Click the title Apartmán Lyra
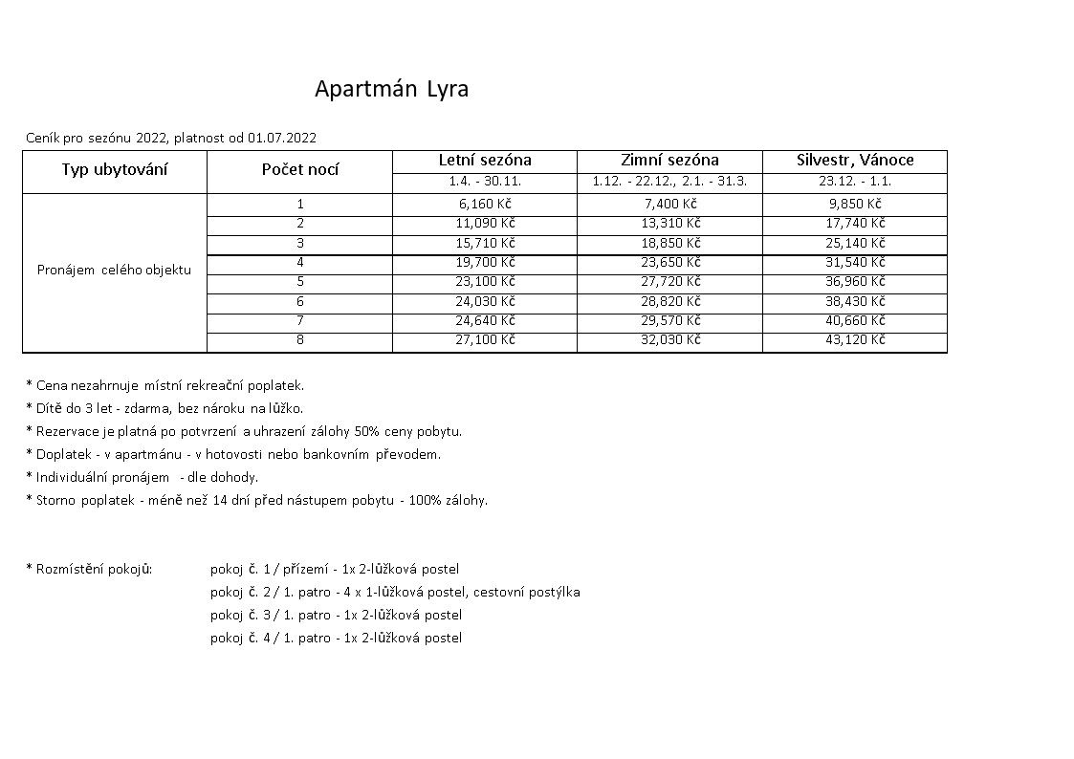[x=391, y=90]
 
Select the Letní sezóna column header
[x=485, y=161]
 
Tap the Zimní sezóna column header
[x=669, y=161]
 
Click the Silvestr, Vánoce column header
[x=855, y=161]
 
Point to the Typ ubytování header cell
[x=115, y=170]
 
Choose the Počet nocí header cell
[x=299, y=170]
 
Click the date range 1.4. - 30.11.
[x=485, y=182]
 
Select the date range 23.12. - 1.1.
[x=855, y=182]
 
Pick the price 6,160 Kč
[x=485, y=204]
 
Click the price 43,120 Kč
[x=855, y=340]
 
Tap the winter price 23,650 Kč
[x=669, y=262]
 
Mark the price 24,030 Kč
[x=485, y=301]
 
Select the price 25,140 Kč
[x=855, y=243]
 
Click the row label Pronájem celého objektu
[x=114, y=270]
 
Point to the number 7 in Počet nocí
[x=299, y=320]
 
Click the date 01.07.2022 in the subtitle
[x=282, y=138]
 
